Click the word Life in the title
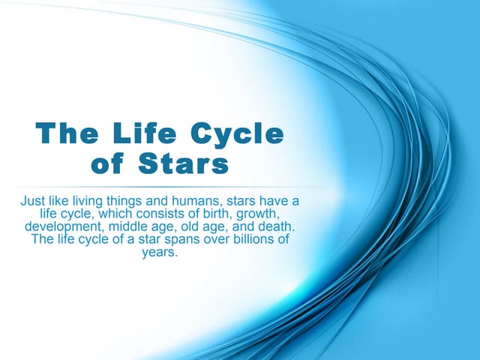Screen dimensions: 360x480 [x=134, y=134]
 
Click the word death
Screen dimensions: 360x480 [x=276, y=226]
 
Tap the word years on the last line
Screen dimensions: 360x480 [x=160, y=252]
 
